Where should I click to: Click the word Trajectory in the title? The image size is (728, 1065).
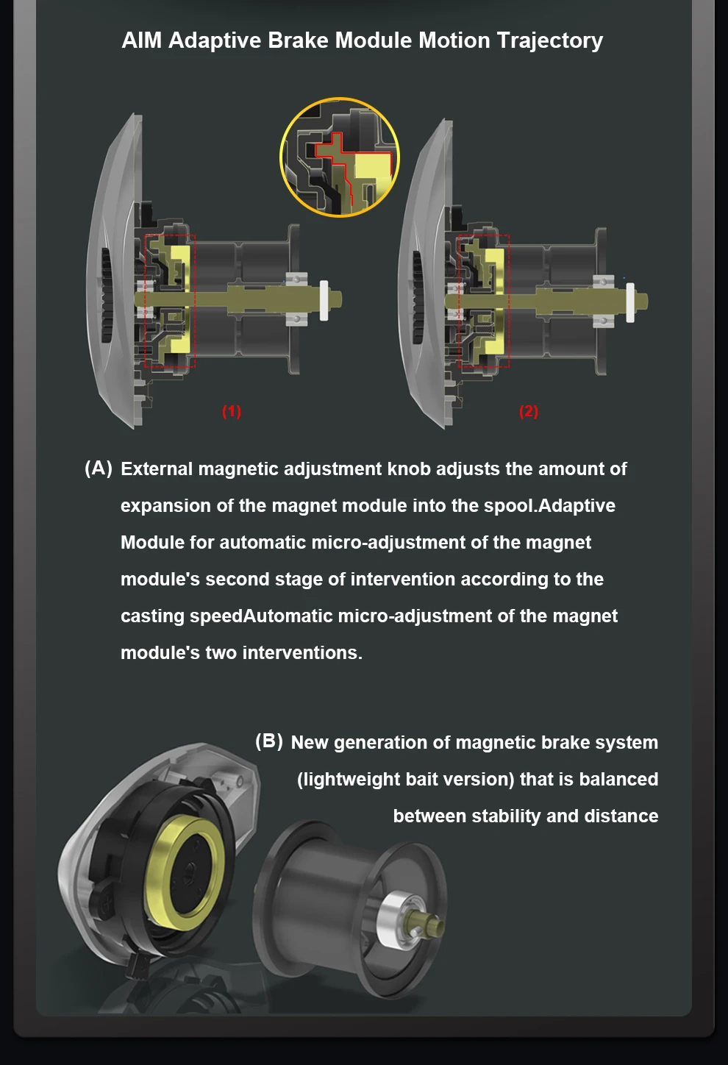click(550, 41)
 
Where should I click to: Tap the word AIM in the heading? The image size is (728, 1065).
click(142, 40)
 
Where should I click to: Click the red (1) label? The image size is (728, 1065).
click(232, 411)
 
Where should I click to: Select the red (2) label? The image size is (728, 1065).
click(529, 411)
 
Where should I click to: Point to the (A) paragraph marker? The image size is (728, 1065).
click(99, 469)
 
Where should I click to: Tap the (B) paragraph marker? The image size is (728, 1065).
click(269, 741)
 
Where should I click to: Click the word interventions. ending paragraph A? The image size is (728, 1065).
click(302, 653)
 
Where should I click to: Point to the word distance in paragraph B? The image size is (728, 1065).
click(621, 816)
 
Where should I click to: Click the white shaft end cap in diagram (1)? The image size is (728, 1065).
click(324, 301)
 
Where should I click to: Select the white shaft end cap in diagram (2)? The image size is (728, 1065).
click(630, 303)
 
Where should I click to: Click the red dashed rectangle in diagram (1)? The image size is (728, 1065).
click(145, 301)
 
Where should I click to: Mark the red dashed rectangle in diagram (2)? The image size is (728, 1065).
click(459, 301)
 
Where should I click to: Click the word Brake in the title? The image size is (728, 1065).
click(298, 40)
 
